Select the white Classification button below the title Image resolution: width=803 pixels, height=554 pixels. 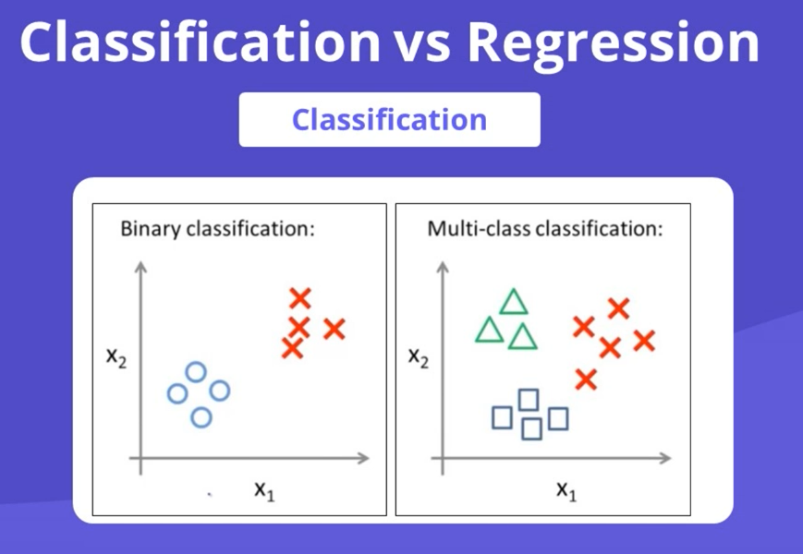click(x=389, y=119)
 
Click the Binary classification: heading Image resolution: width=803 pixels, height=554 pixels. click(x=218, y=228)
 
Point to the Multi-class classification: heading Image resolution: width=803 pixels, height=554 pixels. click(x=544, y=228)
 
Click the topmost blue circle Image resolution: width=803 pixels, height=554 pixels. click(x=195, y=371)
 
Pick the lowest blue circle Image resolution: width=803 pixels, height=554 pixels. click(x=201, y=417)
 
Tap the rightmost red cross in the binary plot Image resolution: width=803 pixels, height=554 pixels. click(x=334, y=328)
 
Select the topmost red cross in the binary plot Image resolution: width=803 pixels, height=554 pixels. click(x=299, y=298)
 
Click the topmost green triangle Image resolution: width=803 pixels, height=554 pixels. click(x=513, y=302)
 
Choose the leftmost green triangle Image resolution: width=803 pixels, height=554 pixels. click(x=489, y=330)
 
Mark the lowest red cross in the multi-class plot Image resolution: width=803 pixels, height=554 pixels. click(x=585, y=379)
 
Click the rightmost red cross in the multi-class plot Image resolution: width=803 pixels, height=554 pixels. click(x=644, y=341)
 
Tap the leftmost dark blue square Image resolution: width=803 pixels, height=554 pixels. click(x=502, y=418)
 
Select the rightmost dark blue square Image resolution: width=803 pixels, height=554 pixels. click(x=557, y=418)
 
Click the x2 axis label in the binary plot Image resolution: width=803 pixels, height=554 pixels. click(x=116, y=357)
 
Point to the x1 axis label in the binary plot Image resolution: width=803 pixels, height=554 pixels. click(x=264, y=489)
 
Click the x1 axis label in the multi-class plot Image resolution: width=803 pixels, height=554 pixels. click(x=566, y=489)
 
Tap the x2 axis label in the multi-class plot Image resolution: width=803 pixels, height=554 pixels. click(x=419, y=357)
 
